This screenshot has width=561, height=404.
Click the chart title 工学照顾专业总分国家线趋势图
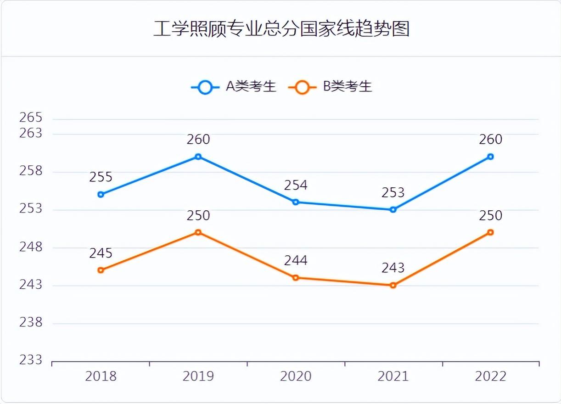(280, 28)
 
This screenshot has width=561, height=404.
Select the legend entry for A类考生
(234, 86)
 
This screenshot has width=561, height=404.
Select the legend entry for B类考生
(331, 86)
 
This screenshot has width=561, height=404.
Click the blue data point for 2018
(101, 195)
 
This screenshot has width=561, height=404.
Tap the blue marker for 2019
(198, 157)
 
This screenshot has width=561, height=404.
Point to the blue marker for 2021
(393, 210)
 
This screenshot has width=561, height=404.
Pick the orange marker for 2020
(296, 278)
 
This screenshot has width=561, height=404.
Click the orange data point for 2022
(490, 232)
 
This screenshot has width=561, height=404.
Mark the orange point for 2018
(101, 270)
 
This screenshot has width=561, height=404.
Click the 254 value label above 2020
(296, 185)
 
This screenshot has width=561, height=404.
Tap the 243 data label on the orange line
(393, 268)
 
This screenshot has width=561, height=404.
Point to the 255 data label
(101, 177)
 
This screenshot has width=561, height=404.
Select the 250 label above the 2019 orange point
(198, 215)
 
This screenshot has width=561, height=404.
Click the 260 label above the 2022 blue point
(490, 139)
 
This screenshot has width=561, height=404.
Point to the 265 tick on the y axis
(31, 118)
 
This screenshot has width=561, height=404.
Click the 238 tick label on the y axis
(31, 322)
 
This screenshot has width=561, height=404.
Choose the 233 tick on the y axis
(31, 360)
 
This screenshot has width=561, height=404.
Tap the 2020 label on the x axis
(296, 376)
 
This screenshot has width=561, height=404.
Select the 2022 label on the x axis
(490, 376)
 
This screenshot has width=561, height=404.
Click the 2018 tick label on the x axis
(101, 376)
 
